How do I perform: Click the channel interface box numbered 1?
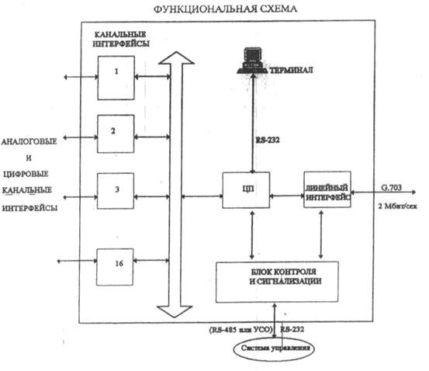pos(116,78)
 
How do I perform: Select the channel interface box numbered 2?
pos(116,134)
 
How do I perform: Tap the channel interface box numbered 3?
pos(116,191)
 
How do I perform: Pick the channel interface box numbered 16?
pos(115,267)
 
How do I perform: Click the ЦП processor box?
pos(246,190)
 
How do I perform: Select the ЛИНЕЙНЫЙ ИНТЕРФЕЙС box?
pos(327,189)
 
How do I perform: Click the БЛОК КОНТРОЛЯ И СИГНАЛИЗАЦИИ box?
pos(277,282)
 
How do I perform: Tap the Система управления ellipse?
pos(274,349)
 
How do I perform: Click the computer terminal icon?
pos(252,61)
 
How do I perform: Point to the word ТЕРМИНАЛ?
pos(291,71)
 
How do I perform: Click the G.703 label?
pos(392,188)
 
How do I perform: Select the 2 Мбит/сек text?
pos(397,206)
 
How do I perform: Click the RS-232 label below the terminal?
pos(268,140)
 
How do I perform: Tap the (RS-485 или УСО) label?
pos(241,330)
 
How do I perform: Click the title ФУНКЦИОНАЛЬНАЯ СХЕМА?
pos(225,9)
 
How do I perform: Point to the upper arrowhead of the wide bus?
pos(176,57)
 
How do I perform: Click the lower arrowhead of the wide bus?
pos(175,311)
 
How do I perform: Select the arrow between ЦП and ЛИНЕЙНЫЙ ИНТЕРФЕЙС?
pos(287,196)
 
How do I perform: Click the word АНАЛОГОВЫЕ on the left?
pos(29,141)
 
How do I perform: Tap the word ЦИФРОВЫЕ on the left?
pos(26,174)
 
